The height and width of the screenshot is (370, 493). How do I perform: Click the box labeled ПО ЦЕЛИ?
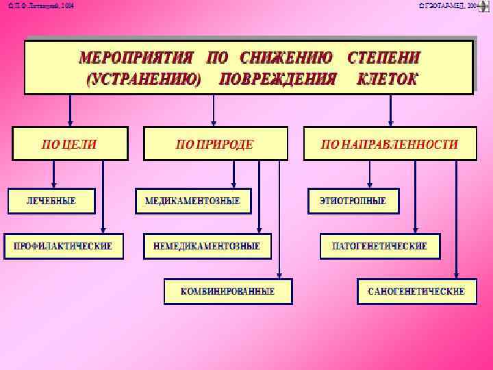(70, 144)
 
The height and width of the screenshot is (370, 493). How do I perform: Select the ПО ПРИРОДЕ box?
(215, 144)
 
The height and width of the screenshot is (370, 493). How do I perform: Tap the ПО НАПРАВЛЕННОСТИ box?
(390, 144)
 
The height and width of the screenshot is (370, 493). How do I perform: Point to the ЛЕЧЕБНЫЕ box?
(51, 201)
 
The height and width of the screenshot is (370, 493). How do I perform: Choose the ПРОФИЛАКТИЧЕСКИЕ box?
(64, 246)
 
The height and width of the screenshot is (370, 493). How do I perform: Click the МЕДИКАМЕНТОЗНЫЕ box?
(192, 201)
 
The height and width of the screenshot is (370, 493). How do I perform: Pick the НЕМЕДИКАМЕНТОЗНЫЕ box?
(207, 246)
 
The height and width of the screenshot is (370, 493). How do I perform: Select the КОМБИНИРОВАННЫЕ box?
(227, 291)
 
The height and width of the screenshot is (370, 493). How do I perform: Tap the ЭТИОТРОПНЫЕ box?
(353, 201)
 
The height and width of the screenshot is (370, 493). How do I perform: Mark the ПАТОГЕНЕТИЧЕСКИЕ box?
(379, 246)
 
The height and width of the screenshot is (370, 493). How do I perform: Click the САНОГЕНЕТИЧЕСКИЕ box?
(416, 291)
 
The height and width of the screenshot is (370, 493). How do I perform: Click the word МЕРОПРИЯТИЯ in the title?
(136, 57)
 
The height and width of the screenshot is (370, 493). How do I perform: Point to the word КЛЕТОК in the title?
(388, 78)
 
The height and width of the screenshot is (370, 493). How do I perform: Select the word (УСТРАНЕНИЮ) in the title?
(144, 78)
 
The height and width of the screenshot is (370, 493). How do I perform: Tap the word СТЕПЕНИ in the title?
(384, 57)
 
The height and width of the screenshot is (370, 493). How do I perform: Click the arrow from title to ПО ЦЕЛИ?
(69, 110)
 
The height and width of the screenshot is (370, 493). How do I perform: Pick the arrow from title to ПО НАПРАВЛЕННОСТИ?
(390, 110)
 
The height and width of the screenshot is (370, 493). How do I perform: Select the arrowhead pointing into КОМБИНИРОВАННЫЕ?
(280, 274)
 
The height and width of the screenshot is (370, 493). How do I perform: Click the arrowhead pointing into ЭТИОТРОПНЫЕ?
(370, 184)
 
